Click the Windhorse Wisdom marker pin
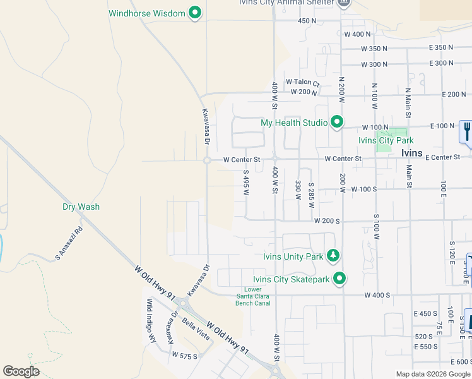(195, 13)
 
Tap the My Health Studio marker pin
(337, 122)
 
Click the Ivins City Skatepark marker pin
(339, 278)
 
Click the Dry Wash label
(81, 207)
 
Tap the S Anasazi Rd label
(69, 244)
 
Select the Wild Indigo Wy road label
(151, 320)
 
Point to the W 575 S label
(184, 356)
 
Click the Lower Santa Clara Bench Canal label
(253, 296)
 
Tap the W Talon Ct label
(302, 82)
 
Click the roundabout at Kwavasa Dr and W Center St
(206, 160)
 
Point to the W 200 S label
(327, 222)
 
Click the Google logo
(21, 371)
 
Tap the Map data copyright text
(433, 374)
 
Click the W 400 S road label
(377, 296)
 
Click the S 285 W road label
(311, 192)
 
